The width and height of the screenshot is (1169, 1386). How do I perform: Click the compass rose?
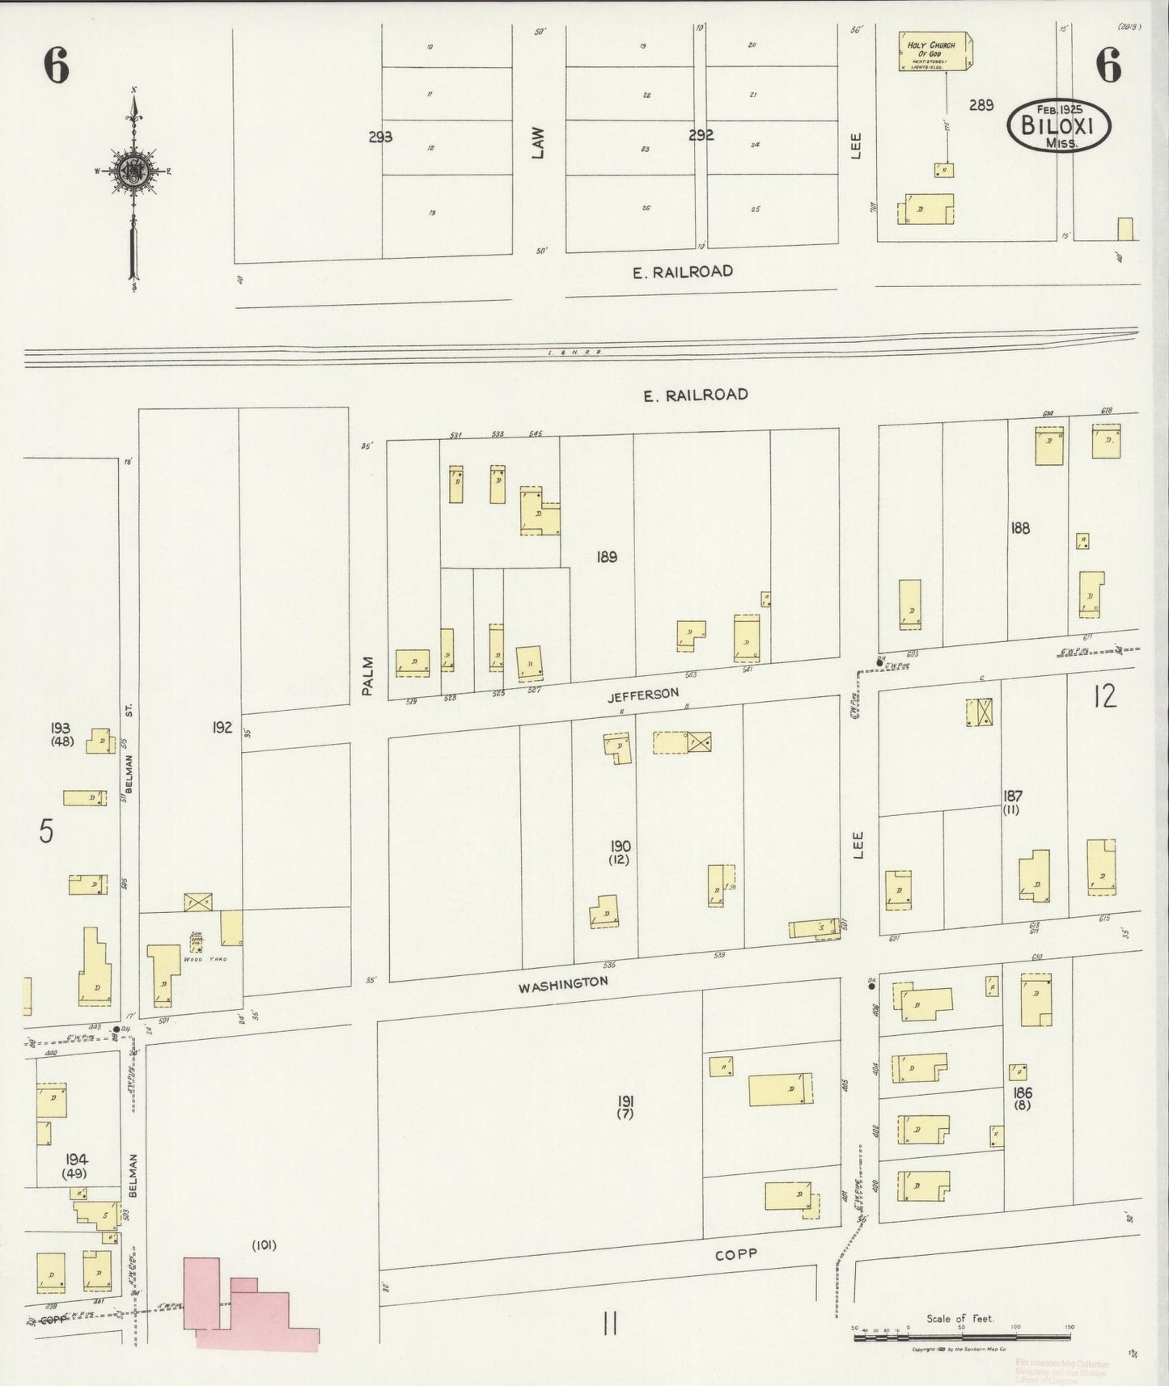[132, 171]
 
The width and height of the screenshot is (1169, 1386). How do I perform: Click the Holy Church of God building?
[936, 51]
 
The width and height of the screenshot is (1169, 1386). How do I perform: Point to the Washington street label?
[563, 984]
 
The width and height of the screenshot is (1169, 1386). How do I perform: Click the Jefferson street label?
[644, 695]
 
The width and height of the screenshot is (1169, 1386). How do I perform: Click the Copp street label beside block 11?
[736, 1254]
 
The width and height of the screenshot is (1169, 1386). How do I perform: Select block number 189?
[606, 556]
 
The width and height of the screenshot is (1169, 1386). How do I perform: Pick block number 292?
[701, 136]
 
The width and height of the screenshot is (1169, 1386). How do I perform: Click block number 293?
[380, 137]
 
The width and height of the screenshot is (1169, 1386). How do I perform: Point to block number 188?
[1020, 528]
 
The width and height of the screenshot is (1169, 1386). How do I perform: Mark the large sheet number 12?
[1104, 695]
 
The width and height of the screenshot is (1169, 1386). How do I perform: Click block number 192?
[222, 727]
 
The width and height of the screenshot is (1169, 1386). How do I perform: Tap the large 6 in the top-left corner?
[56, 65]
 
